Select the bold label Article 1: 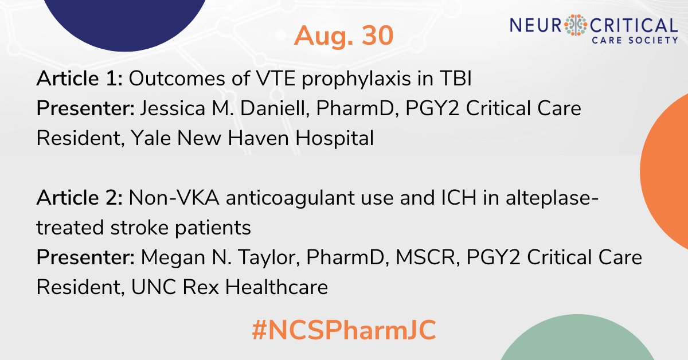79,80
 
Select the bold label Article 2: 80,199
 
